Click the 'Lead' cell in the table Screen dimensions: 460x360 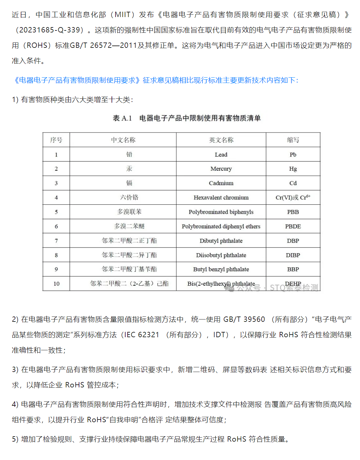[x=221, y=155]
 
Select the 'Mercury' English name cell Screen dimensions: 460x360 [x=221, y=169]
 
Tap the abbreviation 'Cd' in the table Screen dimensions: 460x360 [x=293, y=183]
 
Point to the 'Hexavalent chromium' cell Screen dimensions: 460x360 [x=221, y=198]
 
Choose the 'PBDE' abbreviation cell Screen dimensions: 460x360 [x=293, y=226]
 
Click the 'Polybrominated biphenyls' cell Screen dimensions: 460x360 [x=221, y=212]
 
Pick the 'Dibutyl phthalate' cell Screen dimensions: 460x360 [x=221, y=241]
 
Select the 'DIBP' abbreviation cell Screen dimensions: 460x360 [x=293, y=255]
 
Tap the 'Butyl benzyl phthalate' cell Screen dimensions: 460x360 [x=221, y=269]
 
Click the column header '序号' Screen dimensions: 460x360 [x=56, y=140]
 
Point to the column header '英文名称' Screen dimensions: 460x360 [x=221, y=140]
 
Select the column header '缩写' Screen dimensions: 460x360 [x=293, y=140]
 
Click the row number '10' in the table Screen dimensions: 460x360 [x=56, y=284]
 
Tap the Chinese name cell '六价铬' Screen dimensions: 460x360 [x=129, y=198]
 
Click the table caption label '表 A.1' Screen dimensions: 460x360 [x=122, y=118]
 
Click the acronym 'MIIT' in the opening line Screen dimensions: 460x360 [x=123, y=15]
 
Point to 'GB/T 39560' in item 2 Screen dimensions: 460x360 [x=244, y=319]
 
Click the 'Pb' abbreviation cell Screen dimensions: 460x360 [x=293, y=155]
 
